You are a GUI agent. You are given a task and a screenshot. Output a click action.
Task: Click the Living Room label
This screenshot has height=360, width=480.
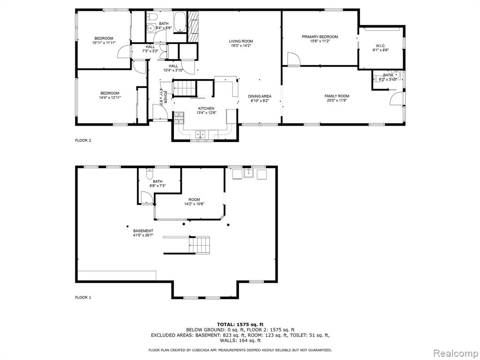(241, 41)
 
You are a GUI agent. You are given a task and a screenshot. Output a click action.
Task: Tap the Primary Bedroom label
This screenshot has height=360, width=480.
(320, 37)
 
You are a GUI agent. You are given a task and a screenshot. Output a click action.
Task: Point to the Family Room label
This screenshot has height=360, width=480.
(337, 96)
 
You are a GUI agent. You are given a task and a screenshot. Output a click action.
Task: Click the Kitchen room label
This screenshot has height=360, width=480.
(206, 108)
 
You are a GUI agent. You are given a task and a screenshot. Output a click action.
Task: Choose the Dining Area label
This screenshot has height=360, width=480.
(260, 96)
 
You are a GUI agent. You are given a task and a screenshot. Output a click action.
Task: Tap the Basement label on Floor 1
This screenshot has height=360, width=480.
(143, 231)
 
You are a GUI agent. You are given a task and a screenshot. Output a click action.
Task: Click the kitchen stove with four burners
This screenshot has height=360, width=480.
(179, 118)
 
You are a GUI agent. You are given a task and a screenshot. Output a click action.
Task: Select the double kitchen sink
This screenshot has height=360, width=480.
(201, 134)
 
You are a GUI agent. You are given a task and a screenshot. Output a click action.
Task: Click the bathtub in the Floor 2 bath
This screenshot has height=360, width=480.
(180, 22)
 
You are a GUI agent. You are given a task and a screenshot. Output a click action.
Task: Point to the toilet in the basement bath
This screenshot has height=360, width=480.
(150, 174)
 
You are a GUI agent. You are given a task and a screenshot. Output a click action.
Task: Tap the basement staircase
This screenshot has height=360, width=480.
(200, 245)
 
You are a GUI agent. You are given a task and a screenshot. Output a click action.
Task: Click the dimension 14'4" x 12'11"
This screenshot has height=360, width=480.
(110, 97)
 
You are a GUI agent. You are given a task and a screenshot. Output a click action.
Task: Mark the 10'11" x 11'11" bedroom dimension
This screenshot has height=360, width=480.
(104, 43)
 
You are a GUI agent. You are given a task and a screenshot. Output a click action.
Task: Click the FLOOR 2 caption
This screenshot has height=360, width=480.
(83, 141)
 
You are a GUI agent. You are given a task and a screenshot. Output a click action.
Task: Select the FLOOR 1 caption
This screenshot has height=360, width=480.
(83, 297)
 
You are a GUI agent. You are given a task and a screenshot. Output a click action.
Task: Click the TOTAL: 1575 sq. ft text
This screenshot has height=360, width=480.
(240, 324)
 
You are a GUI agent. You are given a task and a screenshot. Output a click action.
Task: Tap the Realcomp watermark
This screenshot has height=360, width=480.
(456, 353)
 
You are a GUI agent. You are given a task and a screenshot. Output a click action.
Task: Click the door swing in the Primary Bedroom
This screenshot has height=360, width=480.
(293, 59)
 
